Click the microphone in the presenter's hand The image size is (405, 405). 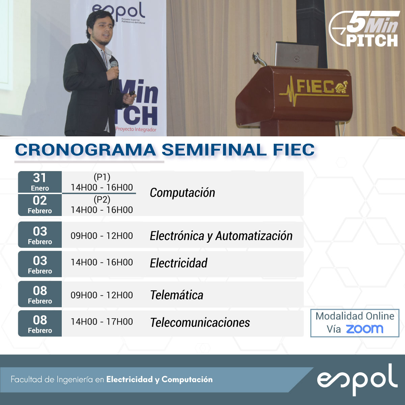(113, 77)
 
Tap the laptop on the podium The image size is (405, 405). (296, 55)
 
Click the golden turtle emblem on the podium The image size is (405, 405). (342, 87)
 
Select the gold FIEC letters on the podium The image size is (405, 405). (315, 87)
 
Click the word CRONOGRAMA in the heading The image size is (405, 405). (85, 150)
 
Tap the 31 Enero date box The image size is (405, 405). (40, 182)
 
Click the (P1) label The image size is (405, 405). (102, 177)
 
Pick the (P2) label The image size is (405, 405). (102, 199)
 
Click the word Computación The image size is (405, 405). (183, 193)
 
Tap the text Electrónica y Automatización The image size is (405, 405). (221, 236)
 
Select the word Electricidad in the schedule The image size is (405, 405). (179, 263)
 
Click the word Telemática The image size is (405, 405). (177, 295)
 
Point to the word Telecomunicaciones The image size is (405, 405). (200, 322)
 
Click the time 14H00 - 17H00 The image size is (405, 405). (102, 322)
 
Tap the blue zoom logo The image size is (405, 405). (365, 329)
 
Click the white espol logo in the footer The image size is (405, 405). (357, 380)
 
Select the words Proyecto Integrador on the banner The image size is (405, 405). (136, 129)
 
